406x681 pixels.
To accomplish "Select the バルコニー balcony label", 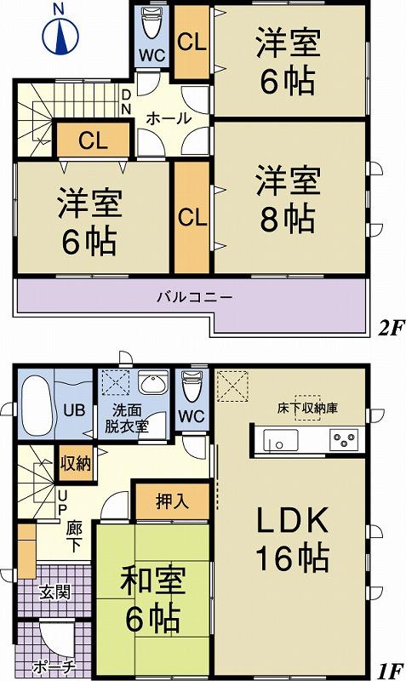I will click(194, 298).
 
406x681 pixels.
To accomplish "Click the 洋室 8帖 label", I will click(287, 200).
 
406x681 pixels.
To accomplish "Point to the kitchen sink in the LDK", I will click(281, 440).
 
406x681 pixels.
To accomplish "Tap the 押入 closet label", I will click(174, 501).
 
